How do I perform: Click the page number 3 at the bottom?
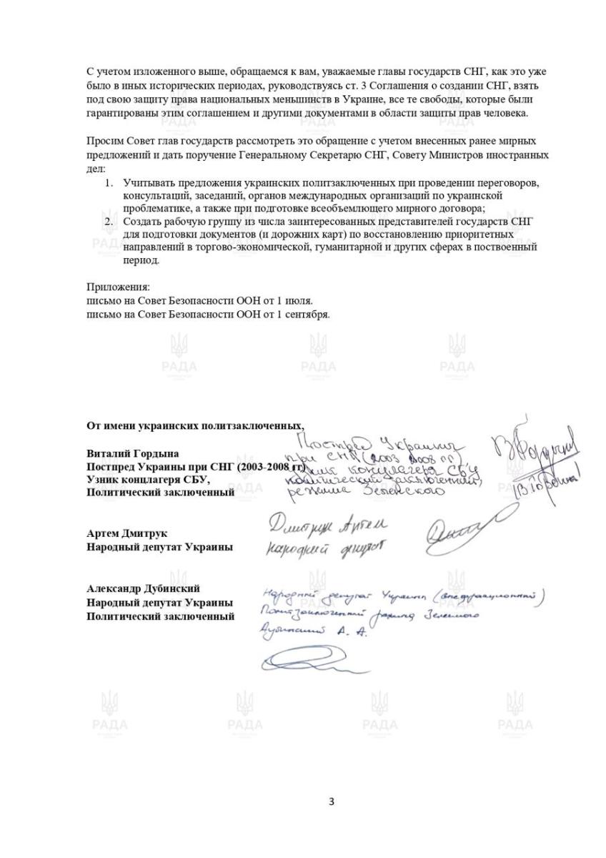(330, 802)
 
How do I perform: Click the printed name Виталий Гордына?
(132, 454)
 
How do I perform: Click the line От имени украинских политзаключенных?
(189, 426)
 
